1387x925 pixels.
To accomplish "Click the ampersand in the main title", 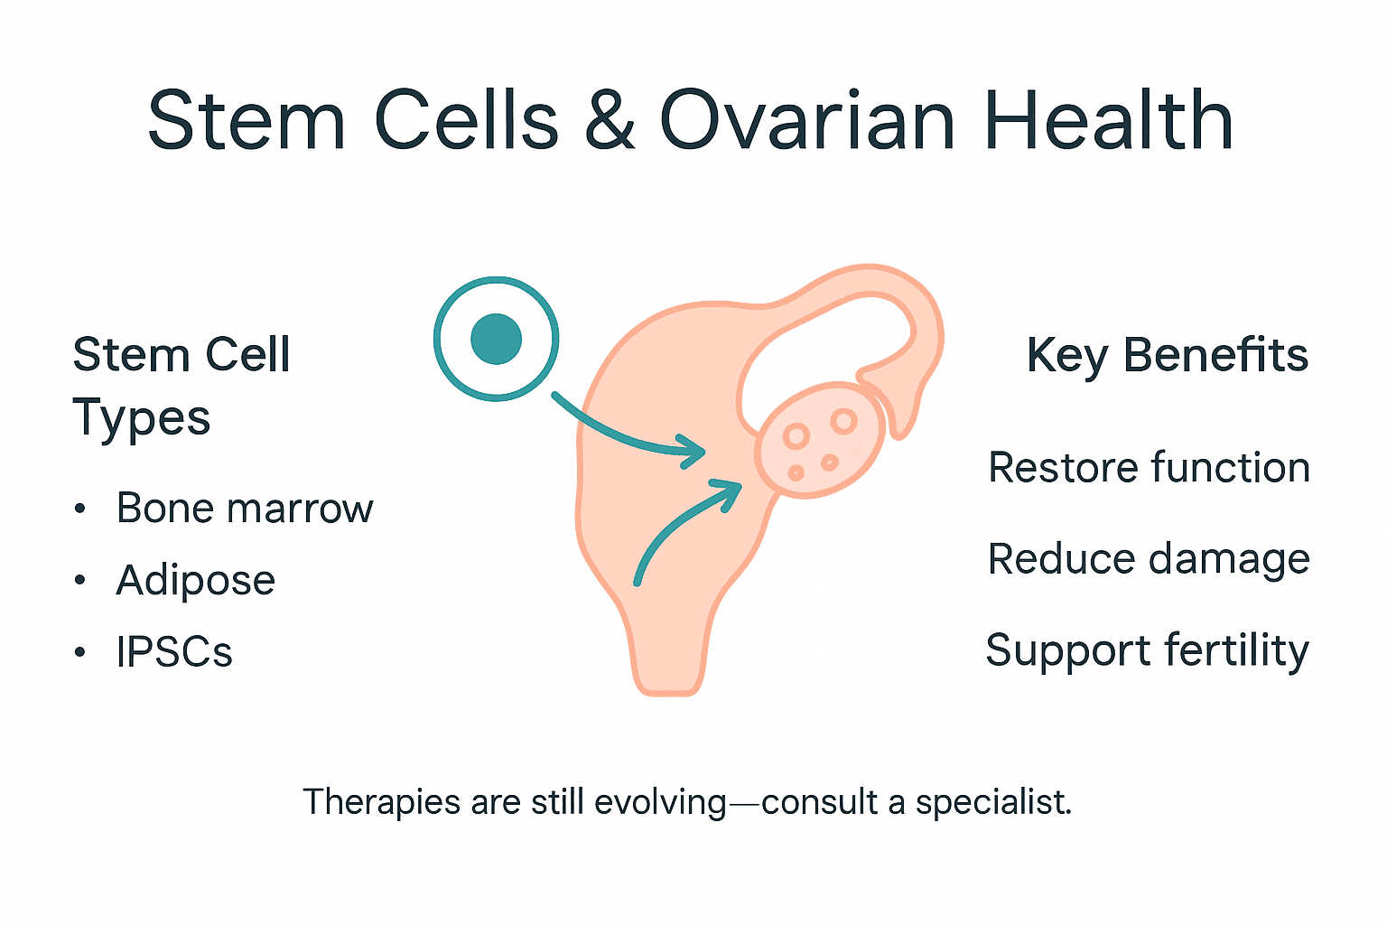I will pyautogui.click(x=610, y=122).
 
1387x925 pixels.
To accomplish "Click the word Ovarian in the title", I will pyautogui.click(x=807, y=122).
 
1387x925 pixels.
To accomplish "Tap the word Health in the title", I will pyautogui.click(x=1108, y=122).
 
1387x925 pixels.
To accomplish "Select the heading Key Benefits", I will pyautogui.click(x=1167, y=355).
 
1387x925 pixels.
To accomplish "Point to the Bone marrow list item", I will pyautogui.click(x=244, y=509).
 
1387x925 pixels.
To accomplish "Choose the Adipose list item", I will pyautogui.click(x=195, y=580).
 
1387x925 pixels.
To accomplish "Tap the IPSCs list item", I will pyautogui.click(x=174, y=652).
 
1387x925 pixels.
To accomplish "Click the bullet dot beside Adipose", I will pyautogui.click(x=80, y=581).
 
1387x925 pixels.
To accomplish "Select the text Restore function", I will pyautogui.click(x=1149, y=468).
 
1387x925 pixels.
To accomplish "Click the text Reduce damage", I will pyautogui.click(x=1149, y=559).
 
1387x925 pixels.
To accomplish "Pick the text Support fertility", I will pyautogui.click(x=1147, y=650).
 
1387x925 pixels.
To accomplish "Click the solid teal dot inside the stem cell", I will pyautogui.click(x=497, y=339).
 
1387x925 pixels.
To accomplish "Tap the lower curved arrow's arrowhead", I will pyautogui.click(x=729, y=491).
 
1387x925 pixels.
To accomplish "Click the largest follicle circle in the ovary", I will pyautogui.click(x=844, y=421).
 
